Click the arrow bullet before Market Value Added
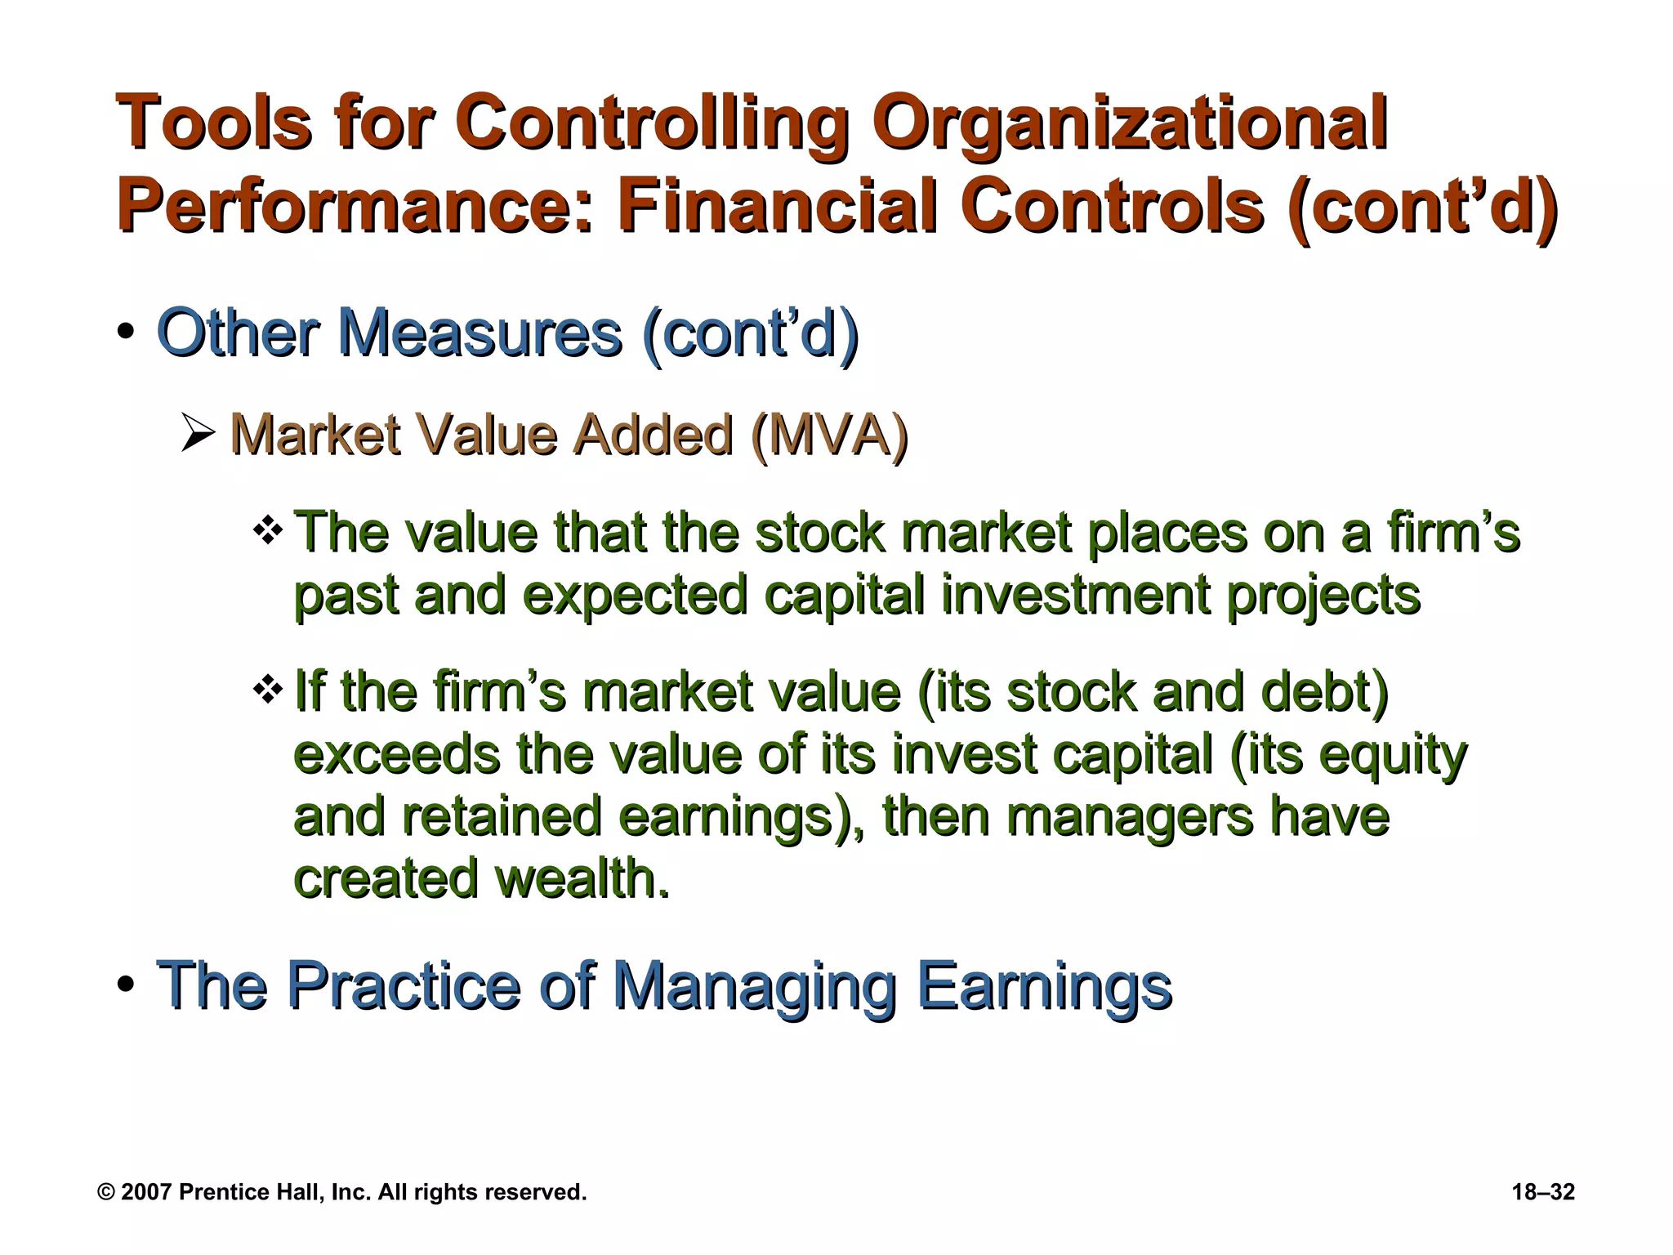[199, 435]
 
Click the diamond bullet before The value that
[267, 533]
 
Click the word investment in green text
[1075, 594]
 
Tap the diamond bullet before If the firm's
[267, 690]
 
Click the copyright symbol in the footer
[105, 1192]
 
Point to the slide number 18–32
[1543, 1192]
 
